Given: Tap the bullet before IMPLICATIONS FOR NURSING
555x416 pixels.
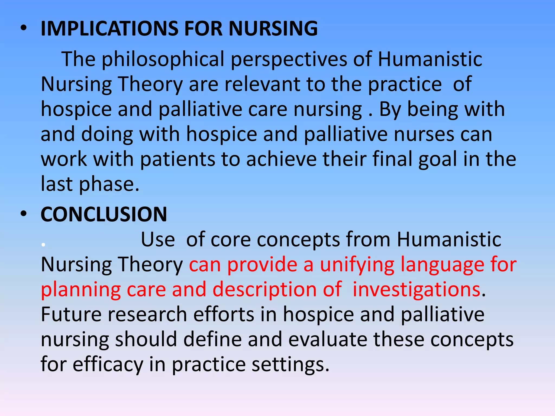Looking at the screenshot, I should (x=24, y=28).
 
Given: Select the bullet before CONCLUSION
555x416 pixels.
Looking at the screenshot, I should (x=24, y=214).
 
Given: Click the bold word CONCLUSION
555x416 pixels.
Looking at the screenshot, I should (x=104, y=214).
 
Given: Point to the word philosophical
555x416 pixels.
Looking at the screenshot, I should (x=163, y=59).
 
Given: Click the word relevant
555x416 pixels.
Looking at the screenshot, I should (x=262, y=84).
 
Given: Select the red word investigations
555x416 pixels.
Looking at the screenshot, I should (x=416, y=289).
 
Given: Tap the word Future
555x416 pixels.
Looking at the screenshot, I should (x=71, y=314).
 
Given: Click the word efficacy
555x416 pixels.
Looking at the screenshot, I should (x=108, y=364).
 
